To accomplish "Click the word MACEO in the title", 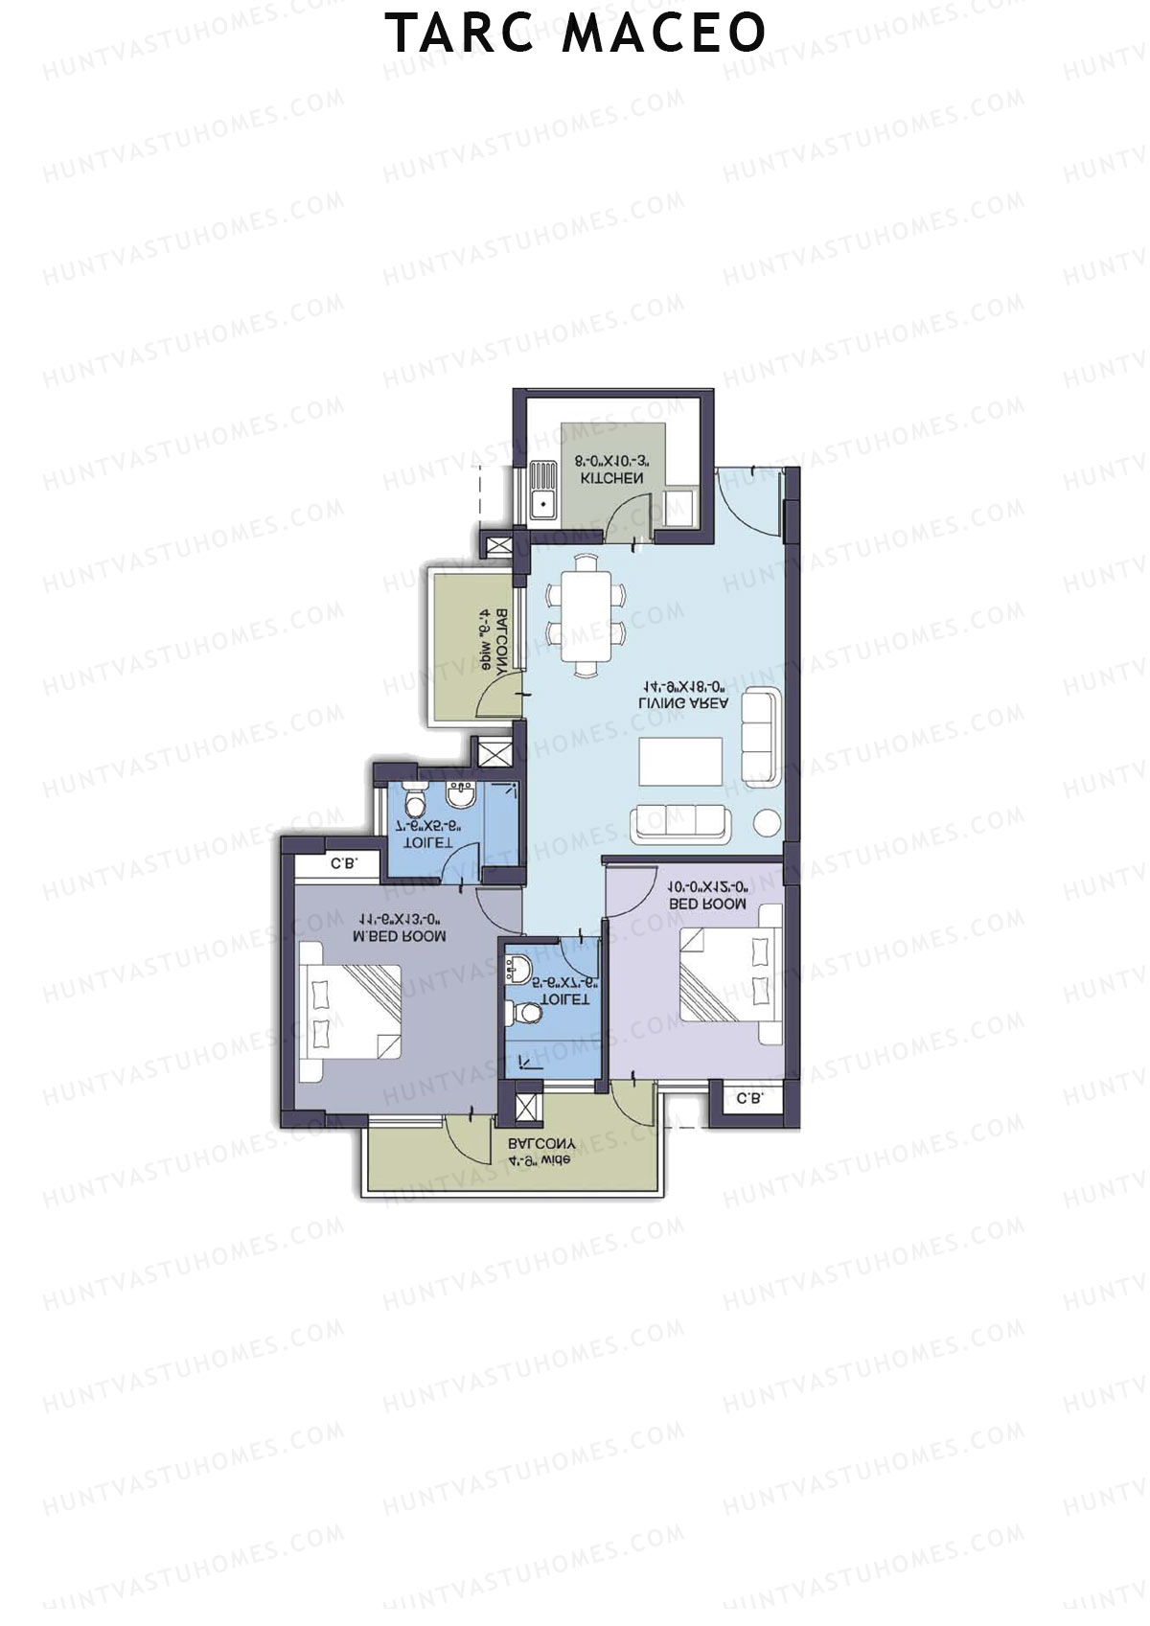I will [663, 34].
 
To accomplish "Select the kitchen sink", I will [542, 491].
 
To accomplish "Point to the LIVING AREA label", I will [683, 702].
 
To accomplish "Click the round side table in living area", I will [768, 823].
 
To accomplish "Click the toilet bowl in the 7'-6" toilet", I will [415, 799].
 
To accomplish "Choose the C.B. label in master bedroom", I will [344, 863].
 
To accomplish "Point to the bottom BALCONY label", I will [541, 1144].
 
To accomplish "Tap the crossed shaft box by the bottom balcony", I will [527, 1106].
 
